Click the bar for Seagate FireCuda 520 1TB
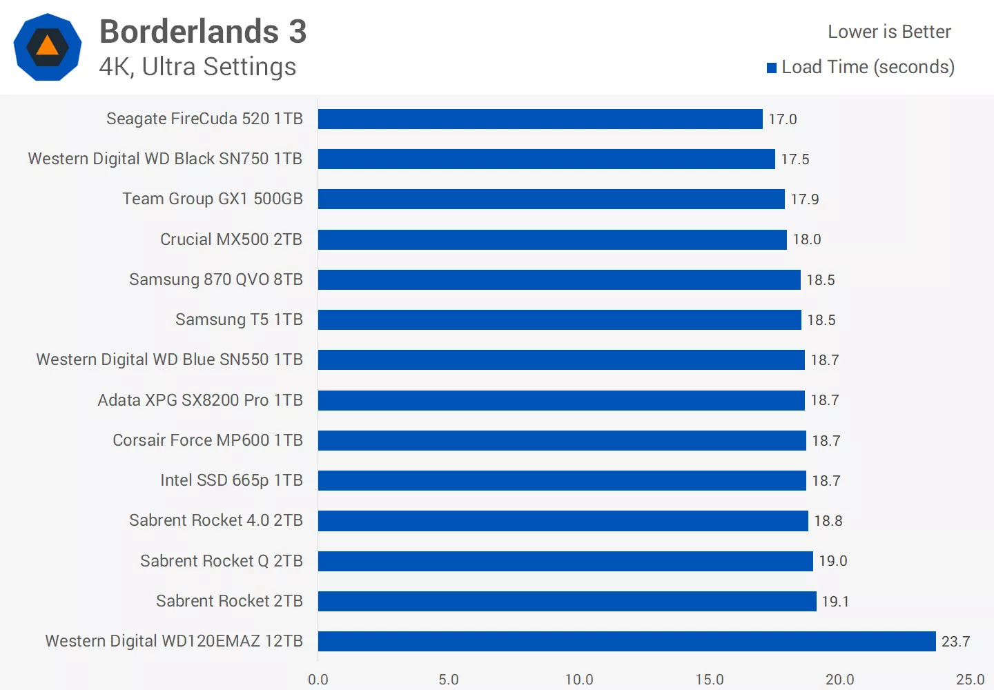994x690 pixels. (540, 119)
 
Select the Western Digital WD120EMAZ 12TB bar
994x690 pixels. (627, 641)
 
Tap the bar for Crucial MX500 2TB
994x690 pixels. (552, 239)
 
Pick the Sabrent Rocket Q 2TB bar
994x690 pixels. (565, 561)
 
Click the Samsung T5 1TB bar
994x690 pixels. (559, 319)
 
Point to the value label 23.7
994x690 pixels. (955, 642)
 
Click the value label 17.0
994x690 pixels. (783, 119)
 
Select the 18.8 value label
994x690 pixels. (828, 521)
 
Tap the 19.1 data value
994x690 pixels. (835, 602)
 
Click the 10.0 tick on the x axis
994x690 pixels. (579, 680)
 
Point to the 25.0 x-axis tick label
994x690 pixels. (970, 680)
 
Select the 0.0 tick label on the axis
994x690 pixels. (318, 680)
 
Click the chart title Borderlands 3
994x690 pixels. (203, 32)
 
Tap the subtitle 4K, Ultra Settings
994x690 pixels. (197, 67)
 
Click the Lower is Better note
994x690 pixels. (889, 32)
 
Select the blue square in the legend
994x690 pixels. (772, 68)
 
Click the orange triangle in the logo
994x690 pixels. (48, 46)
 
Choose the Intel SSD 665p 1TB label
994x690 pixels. (231, 480)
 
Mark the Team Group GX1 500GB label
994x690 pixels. (213, 199)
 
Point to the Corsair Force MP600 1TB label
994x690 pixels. (208, 440)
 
